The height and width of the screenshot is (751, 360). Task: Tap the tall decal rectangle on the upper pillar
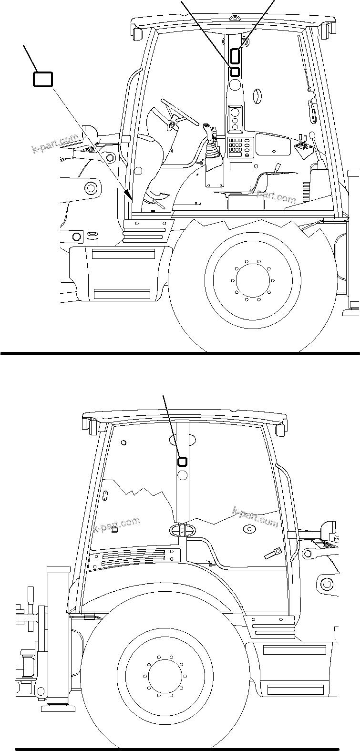235,56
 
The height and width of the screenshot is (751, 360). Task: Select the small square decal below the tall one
235,72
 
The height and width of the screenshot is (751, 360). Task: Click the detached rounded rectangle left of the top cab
42,79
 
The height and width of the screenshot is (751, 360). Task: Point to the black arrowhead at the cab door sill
128,195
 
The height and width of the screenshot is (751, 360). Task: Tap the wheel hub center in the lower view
165,675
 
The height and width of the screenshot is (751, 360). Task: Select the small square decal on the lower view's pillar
182,462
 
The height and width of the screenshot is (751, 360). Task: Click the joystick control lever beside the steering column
208,131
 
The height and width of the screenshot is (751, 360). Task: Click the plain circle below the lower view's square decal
182,475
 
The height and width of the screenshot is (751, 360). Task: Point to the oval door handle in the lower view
182,530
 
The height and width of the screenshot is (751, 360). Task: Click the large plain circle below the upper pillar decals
235,85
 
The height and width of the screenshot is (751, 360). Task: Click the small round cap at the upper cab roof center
233,20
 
